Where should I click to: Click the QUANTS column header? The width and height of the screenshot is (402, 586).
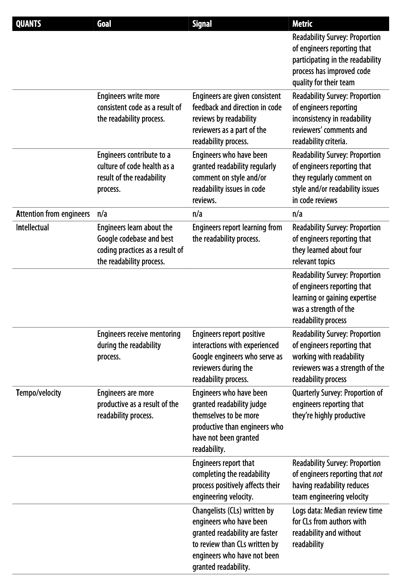coord(29,24)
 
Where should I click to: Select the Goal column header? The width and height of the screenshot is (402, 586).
coord(104,24)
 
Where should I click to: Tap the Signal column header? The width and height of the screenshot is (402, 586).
coord(202,24)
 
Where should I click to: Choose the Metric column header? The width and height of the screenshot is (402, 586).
coord(302,24)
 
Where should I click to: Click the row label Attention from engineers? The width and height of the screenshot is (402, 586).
coord(53,214)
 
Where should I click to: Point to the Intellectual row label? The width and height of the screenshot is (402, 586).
coord(32,228)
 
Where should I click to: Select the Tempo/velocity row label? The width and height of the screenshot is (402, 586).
coord(39,393)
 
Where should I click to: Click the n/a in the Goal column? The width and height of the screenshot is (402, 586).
coord(102,214)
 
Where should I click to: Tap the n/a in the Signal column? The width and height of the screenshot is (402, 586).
coord(197,214)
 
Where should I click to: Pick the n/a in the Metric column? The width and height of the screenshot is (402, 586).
coord(297,214)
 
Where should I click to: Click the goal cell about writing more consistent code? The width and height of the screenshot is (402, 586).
coord(139,107)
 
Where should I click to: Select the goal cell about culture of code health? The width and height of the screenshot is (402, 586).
coord(136,172)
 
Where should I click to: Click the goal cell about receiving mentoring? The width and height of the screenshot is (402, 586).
coord(139,345)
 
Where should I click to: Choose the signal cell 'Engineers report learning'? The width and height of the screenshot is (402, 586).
coord(237,233)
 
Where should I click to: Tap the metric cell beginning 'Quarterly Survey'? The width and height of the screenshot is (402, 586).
coord(337,404)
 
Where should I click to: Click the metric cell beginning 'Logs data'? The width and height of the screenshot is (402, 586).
coord(337,527)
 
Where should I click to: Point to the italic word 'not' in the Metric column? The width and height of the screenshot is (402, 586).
coord(377,474)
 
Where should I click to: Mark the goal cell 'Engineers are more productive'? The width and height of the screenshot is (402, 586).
coord(138,404)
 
